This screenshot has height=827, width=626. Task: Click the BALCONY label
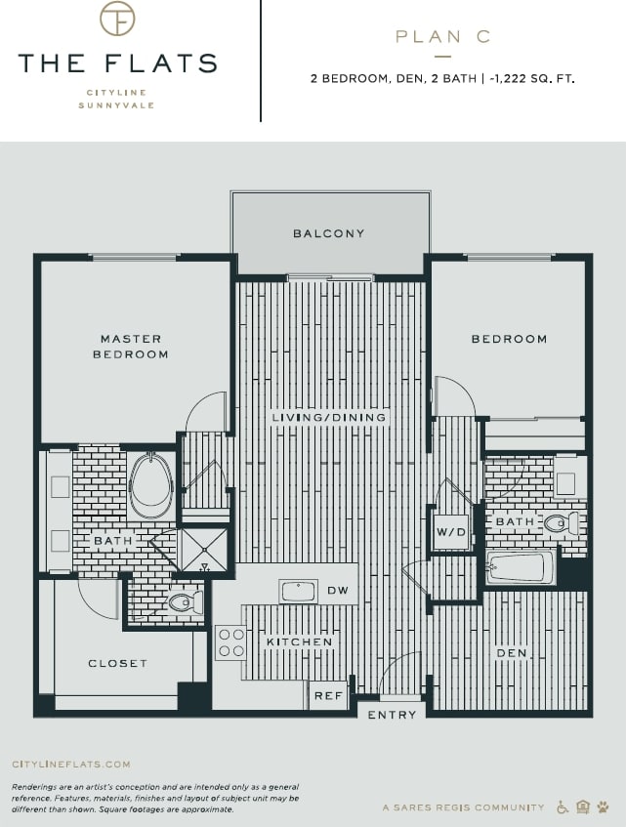(x=329, y=234)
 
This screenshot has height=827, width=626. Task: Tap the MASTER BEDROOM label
(x=131, y=347)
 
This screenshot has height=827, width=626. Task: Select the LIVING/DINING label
(x=329, y=417)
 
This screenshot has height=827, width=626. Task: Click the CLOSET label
(x=118, y=664)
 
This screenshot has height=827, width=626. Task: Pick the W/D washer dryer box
(x=450, y=532)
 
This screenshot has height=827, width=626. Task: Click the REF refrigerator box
(x=327, y=695)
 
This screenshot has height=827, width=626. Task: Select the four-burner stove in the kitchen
(x=231, y=641)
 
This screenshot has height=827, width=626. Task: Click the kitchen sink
(x=298, y=591)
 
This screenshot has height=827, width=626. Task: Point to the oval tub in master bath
(x=150, y=485)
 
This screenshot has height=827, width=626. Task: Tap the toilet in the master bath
(x=184, y=602)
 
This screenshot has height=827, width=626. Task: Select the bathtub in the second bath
(x=521, y=567)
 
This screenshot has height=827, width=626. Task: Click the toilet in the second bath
(x=562, y=524)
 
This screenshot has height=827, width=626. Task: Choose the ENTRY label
(x=393, y=715)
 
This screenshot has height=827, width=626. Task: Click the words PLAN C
(x=442, y=37)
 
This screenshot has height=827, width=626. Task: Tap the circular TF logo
(x=117, y=19)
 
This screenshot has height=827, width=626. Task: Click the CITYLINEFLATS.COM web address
(x=70, y=765)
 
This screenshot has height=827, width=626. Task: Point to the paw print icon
(x=604, y=807)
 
